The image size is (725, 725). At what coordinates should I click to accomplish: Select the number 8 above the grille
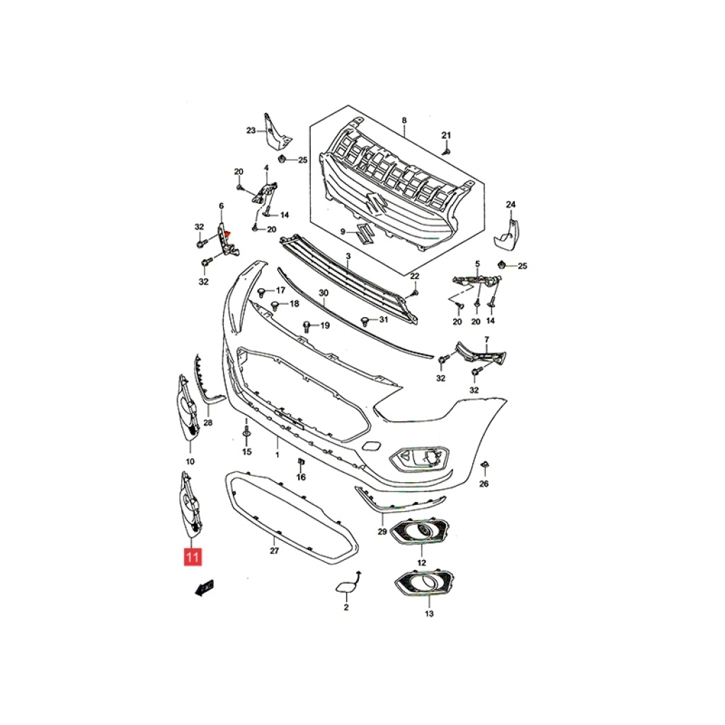(x=404, y=120)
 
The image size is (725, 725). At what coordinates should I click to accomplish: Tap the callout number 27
(x=274, y=551)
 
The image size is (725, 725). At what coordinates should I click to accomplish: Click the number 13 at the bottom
(x=429, y=614)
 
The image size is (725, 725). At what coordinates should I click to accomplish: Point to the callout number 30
(x=324, y=293)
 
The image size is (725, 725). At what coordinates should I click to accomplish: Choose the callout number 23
(x=251, y=130)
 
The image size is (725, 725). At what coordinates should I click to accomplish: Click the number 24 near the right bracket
(x=510, y=205)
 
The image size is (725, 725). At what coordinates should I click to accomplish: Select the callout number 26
(x=484, y=484)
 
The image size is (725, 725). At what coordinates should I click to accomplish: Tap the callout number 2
(x=346, y=607)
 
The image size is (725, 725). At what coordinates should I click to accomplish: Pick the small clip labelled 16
(x=300, y=462)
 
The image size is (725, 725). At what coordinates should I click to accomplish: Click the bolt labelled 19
(x=306, y=326)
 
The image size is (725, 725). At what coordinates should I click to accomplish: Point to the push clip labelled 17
(x=262, y=292)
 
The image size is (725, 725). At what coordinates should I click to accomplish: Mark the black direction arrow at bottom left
(x=203, y=588)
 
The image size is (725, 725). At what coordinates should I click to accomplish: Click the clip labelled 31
(x=365, y=321)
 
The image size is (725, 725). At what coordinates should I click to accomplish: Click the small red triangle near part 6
(x=227, y=235)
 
